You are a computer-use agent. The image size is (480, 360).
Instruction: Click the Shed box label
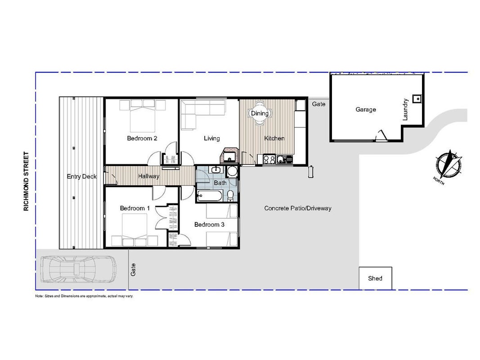(375, 278)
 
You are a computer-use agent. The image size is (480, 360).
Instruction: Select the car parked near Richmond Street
(78, 269)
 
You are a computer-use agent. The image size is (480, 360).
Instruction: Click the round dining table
(260, 113)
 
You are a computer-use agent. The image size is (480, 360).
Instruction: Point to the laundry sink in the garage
(417, 99)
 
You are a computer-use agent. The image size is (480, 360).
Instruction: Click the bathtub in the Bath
(210, 196)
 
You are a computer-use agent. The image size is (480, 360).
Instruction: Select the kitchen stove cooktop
(269, 159)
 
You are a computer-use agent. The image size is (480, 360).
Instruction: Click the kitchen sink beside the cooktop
(285, 159)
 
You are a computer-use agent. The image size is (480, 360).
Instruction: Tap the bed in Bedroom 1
(135, 229)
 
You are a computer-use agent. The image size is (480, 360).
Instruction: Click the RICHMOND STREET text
(26, 181)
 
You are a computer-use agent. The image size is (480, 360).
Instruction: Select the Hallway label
(149, 176)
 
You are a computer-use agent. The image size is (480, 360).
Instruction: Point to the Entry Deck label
(82, 176)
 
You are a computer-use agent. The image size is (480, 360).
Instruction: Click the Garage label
(366, 109)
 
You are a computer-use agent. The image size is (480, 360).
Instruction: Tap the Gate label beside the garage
(319, 104)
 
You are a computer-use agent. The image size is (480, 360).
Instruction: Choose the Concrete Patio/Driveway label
(298, 208)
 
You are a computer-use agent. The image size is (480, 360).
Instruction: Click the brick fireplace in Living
(229, 156)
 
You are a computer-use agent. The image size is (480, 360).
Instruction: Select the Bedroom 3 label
(209, 225)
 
